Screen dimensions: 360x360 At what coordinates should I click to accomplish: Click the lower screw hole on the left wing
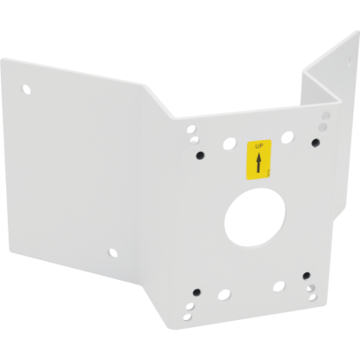pyautogui.click(x=112, y=253)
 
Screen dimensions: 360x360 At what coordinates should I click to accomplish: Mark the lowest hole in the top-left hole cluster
pyautogui.click(x=203, y=156)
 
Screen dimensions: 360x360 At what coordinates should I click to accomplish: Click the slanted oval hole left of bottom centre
pyautogui.click(x=225, y=296)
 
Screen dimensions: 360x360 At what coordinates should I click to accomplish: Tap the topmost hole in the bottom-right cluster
pyautogui.click(x=306, y=276)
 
